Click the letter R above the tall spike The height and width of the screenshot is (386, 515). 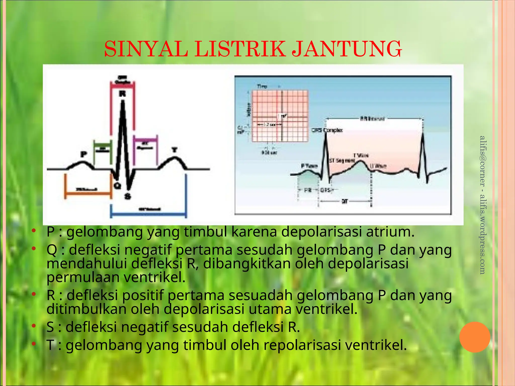122,94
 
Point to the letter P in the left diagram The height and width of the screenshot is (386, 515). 83,154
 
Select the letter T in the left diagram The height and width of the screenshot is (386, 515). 174,150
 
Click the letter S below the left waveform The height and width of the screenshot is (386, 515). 128,196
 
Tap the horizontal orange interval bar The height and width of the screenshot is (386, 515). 88,193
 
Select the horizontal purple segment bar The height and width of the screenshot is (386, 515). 145,139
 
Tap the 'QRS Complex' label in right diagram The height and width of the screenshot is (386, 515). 327,130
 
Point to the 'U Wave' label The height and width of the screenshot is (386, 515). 378,166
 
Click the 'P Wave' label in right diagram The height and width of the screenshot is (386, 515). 309,166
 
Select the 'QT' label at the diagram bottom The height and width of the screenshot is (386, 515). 345,201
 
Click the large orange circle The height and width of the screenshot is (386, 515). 475,337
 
